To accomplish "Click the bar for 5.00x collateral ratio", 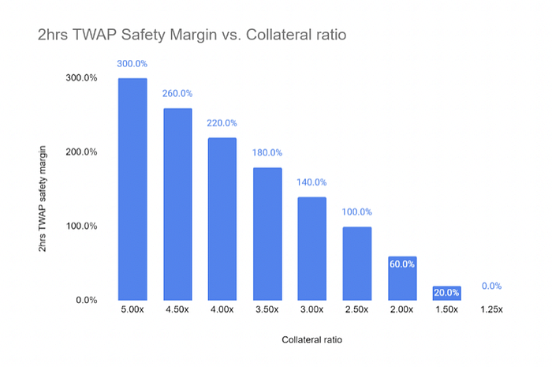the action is coord(132,189).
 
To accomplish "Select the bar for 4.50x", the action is coord(177,204).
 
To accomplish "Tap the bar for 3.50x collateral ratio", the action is coord(267,234).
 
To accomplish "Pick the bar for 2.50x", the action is coord(357,264).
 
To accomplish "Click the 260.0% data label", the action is coord(177,94).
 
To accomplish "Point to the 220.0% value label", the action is coord(222,123).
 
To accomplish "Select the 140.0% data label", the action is coord(311,182).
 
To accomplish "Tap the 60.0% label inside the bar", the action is coord(402,264).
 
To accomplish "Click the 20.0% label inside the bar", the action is coord(446,293).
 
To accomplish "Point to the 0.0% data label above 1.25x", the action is coord(491,286).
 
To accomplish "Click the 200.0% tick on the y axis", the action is coord(81,152).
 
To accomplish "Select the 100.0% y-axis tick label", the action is coord(81,226).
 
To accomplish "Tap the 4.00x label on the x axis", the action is coord(222,309).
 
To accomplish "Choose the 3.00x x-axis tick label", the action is coord(311,309).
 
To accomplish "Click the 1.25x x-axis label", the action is coord(491,309).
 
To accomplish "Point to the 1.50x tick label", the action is coord(446,309).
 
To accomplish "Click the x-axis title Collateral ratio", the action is coord(312,340).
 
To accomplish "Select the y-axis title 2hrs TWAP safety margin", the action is coord(43,199).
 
